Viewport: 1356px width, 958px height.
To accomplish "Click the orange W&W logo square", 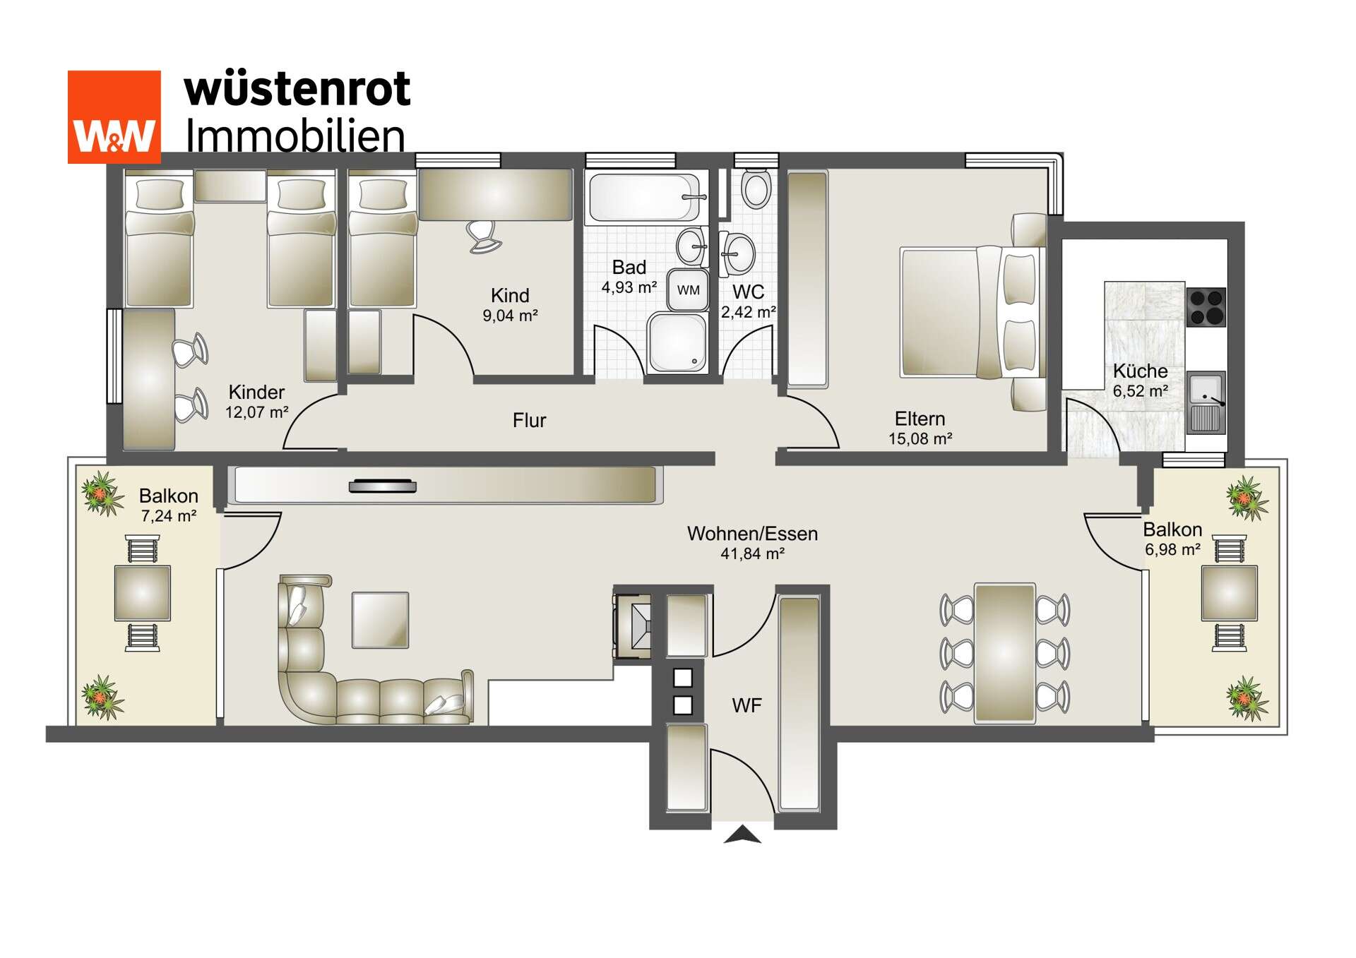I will (x=114, y=116).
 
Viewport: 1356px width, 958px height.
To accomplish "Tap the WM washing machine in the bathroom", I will (x=688, y=289).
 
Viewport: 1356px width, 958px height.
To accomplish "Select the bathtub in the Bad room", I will (x=644, y=198).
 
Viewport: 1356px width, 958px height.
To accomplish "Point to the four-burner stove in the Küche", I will (x=1206, y=306).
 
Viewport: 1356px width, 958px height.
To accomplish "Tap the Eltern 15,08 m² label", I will (x=920, y=429).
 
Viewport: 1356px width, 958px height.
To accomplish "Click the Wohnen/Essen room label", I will (x=752, y=534).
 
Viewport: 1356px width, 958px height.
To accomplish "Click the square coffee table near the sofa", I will (x=380, y=620).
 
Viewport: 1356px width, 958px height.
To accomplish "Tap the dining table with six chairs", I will (x=1004, y=653).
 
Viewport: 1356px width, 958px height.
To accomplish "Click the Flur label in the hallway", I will (x=529, y=421).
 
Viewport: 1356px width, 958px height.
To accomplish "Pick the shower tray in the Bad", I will (x=677, y=342).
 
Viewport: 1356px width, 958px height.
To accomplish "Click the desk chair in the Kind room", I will (x=484, y=235).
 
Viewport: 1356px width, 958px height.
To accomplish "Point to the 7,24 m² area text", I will (x=168, y=517).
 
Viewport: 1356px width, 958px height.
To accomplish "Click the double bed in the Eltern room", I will (x=971, y=311).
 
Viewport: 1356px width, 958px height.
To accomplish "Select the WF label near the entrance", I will (x=747, y=705).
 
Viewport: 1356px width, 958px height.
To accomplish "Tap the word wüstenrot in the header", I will (x=297, y=90).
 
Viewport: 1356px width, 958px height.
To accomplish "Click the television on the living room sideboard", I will (x=382, y=486).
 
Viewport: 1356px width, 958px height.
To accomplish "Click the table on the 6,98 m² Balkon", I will (x=1229, y=593).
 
